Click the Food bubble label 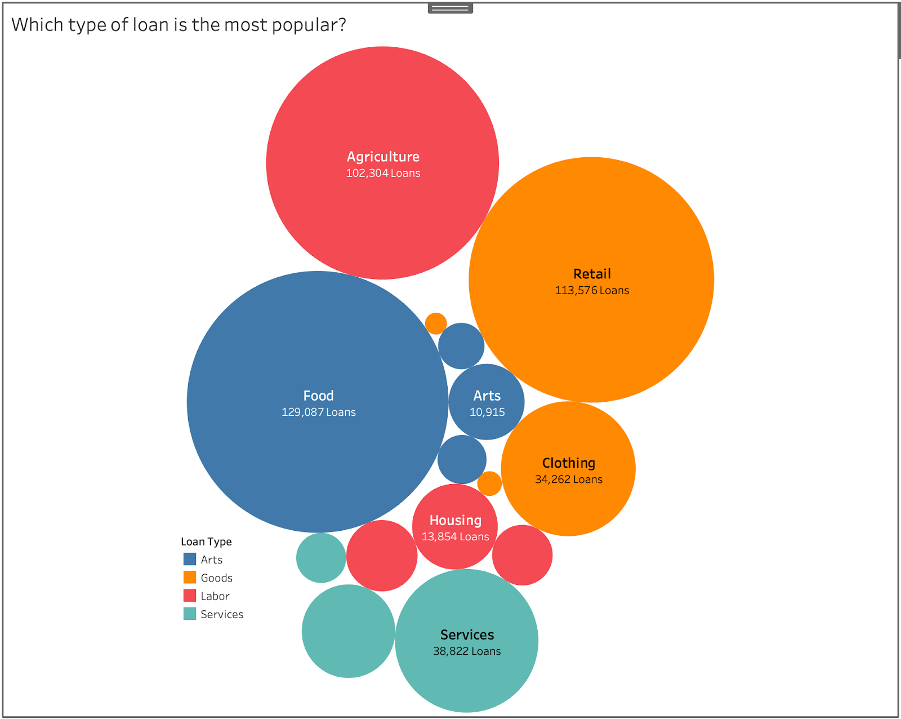[318, 396]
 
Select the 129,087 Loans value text [318, 412]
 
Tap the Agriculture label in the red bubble [383, 157]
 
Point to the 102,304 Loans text [383, 173]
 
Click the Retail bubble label [592, 274]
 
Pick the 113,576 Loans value [592, 290]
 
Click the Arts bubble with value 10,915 [487, 402]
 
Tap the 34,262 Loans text [568, 480]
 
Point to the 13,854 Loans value [455, 536]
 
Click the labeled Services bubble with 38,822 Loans [467, 641]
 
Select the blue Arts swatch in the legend [190, 560]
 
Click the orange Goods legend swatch [190, 578]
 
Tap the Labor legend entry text [215, 596]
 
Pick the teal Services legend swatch [190, 614]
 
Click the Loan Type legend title [206, 542]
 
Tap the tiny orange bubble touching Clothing [489, 483]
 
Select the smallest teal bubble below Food [321, 558]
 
